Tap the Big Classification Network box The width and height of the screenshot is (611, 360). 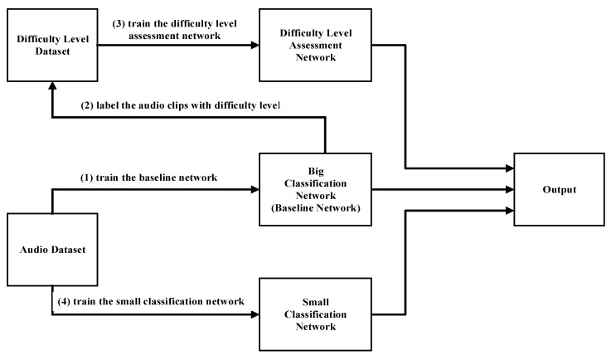pos(324,188)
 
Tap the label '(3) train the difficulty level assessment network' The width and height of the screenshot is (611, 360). pos(174,29)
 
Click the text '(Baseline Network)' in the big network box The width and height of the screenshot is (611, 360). pos(324,208)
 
